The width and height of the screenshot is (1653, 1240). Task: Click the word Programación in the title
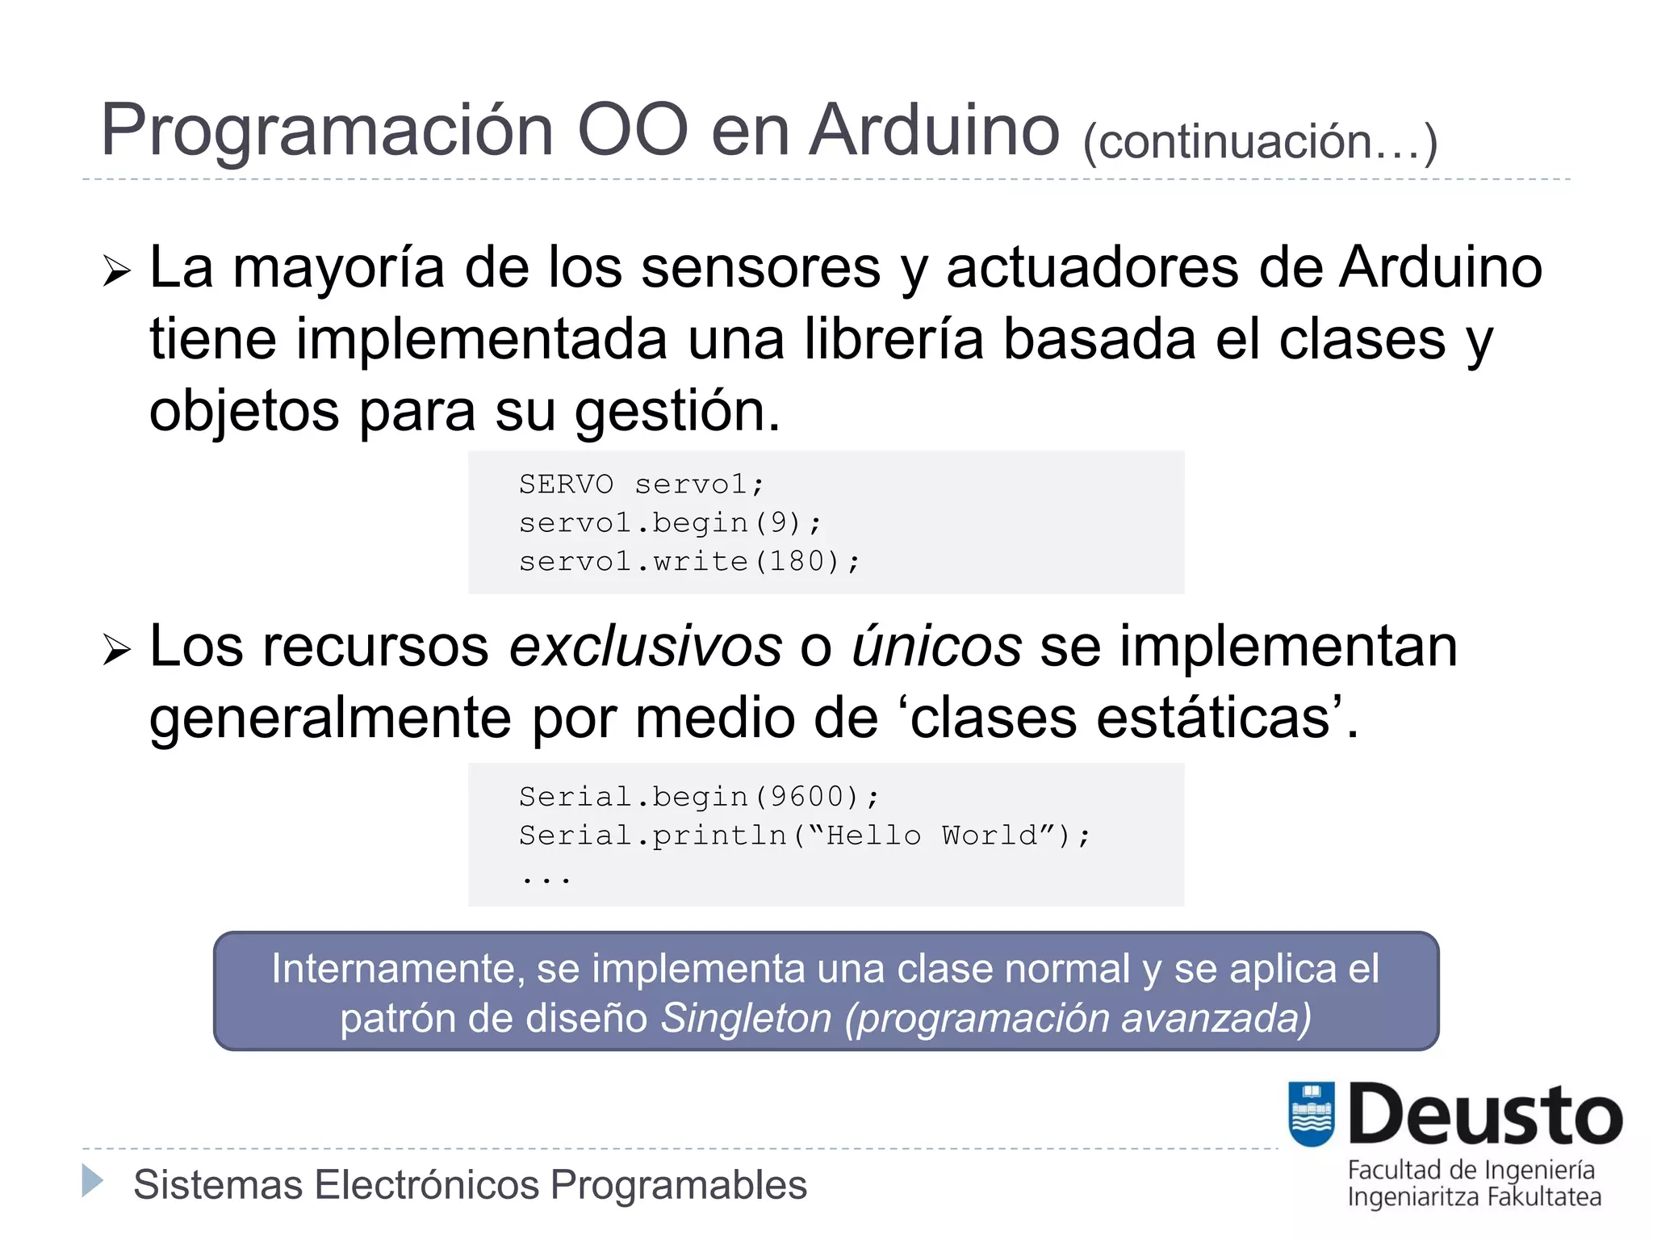[326, 131]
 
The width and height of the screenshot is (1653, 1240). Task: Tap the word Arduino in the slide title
[934, 131]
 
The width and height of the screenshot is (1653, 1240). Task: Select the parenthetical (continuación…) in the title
[1260, 142]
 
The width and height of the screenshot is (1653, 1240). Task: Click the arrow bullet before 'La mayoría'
[117, 271]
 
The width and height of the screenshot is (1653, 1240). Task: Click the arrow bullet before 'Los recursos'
[117, 650]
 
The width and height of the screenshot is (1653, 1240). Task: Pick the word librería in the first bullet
[893, 339]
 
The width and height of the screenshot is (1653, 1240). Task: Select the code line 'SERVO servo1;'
[641, 484]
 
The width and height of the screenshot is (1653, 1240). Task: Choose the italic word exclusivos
[646, 647]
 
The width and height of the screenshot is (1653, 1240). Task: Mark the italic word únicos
[936, 647]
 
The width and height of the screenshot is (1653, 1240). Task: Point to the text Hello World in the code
[932, 836]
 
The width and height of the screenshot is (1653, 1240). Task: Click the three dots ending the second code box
[546, 878]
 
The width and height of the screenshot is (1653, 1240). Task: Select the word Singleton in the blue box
[747, 1018]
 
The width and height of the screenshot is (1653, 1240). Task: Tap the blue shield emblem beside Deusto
[1312, 1114]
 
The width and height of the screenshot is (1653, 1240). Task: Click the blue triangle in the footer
[93, 1181]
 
